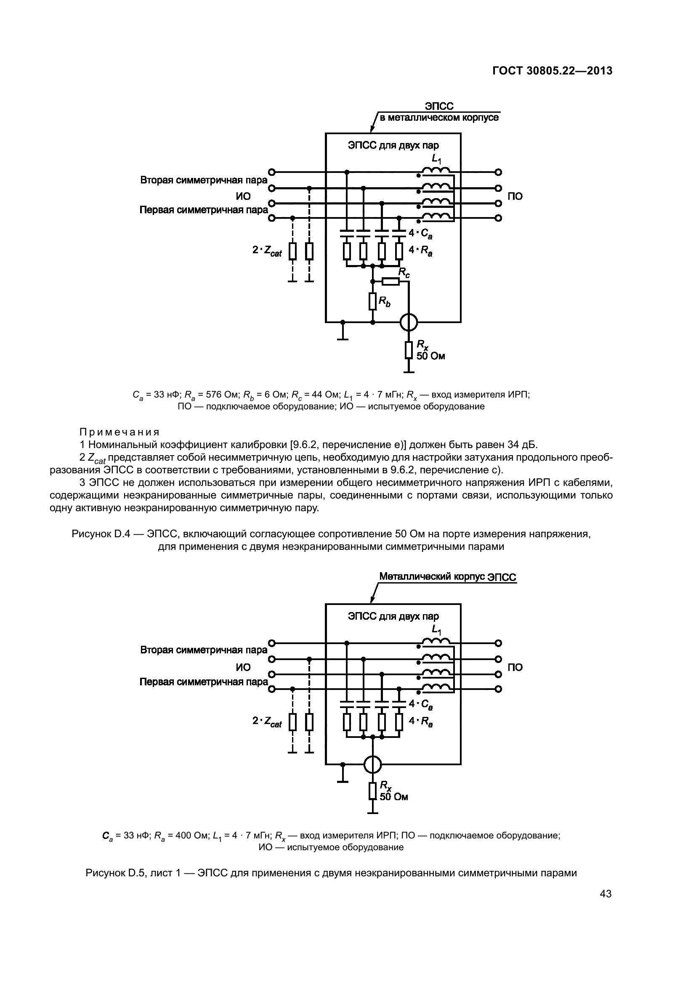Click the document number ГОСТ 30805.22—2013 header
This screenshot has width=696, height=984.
552,71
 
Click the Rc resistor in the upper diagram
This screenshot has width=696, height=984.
391,281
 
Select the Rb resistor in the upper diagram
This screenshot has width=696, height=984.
372,301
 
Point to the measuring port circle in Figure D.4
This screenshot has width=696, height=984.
409,322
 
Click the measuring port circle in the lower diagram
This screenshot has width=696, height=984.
372,764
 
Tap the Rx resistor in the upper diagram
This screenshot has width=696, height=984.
409,350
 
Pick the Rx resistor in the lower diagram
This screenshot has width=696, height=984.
372,790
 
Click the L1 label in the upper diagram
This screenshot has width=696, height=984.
436,159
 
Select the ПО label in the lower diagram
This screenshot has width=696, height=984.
515,667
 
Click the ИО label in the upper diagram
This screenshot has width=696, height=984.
243,196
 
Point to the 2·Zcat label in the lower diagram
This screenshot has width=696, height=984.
267,721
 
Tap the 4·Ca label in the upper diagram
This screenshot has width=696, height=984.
420,234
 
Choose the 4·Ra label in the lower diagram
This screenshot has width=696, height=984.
420,721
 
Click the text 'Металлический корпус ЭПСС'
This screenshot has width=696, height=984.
448,577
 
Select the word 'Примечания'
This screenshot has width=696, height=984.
120,432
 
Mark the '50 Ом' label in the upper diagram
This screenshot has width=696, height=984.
431,356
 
